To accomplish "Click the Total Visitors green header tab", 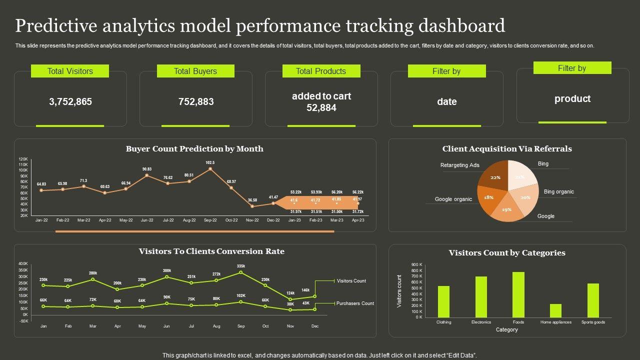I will tap(70, 71).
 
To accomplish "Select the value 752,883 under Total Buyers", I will tap(196, 101).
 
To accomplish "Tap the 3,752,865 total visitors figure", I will tap(70, 101).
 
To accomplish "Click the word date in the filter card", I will tap(446, 101).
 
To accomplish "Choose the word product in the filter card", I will tap(572, 98).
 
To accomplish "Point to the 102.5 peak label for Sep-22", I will tap(210, 162).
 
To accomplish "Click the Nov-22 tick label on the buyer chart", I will tap(252, 220).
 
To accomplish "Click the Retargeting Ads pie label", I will tap(459, 165).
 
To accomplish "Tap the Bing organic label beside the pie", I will tap(558, 191).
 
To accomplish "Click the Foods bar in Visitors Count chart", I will tap(518, 295).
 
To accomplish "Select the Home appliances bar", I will tap(555, 310).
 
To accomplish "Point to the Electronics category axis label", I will tap(481, 322).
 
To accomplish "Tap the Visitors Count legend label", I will tap(351, 281).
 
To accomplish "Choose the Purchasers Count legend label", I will tap(355, 303).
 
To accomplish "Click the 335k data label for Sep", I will tap(241, 266).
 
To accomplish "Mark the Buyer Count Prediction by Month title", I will tap(194, 148).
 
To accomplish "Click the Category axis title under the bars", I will tap(506, 330).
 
